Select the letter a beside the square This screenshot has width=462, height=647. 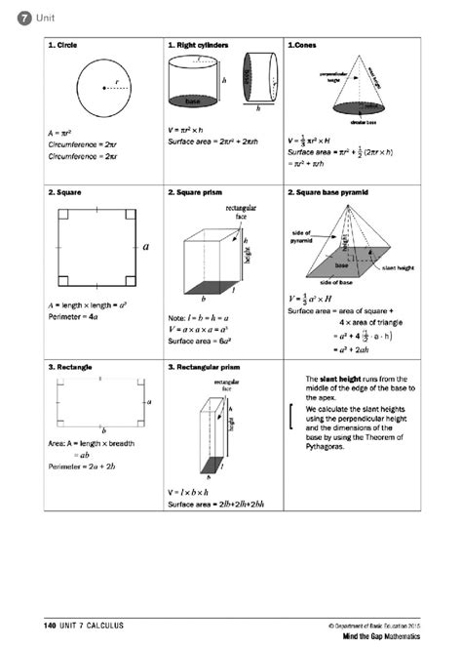146,247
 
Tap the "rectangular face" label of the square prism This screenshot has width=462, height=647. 241,212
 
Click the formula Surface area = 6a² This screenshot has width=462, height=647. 199,341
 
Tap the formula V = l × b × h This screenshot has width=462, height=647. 190,491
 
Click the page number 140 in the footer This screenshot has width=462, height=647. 50,624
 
